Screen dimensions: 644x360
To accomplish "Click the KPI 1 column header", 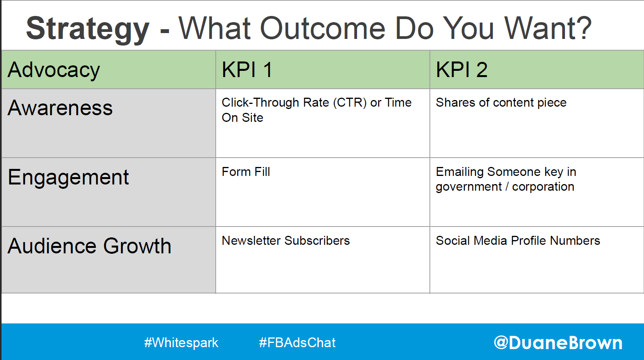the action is click(247, 70).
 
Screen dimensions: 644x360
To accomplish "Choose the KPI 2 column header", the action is click(461, 70).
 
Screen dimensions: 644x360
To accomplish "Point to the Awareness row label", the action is click(60, 108).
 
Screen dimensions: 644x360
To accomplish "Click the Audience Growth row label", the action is click(90, 246).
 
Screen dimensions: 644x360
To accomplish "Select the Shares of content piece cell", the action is click(501, 103).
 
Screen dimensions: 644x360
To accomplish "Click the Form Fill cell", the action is click(246, 172).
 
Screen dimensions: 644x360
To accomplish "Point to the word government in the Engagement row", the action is click(469, 187).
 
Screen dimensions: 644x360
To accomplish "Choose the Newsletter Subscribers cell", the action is click(286, 241).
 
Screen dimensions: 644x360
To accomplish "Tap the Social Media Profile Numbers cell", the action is click(518, 241).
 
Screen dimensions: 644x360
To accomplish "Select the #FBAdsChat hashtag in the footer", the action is click(297, 342).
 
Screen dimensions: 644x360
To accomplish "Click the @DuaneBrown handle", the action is click(558, 343).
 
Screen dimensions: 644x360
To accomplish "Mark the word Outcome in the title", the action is click(322, 28).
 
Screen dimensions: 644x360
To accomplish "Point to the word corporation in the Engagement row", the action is click(543, 187).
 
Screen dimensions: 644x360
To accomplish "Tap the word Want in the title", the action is click(539, 28).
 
